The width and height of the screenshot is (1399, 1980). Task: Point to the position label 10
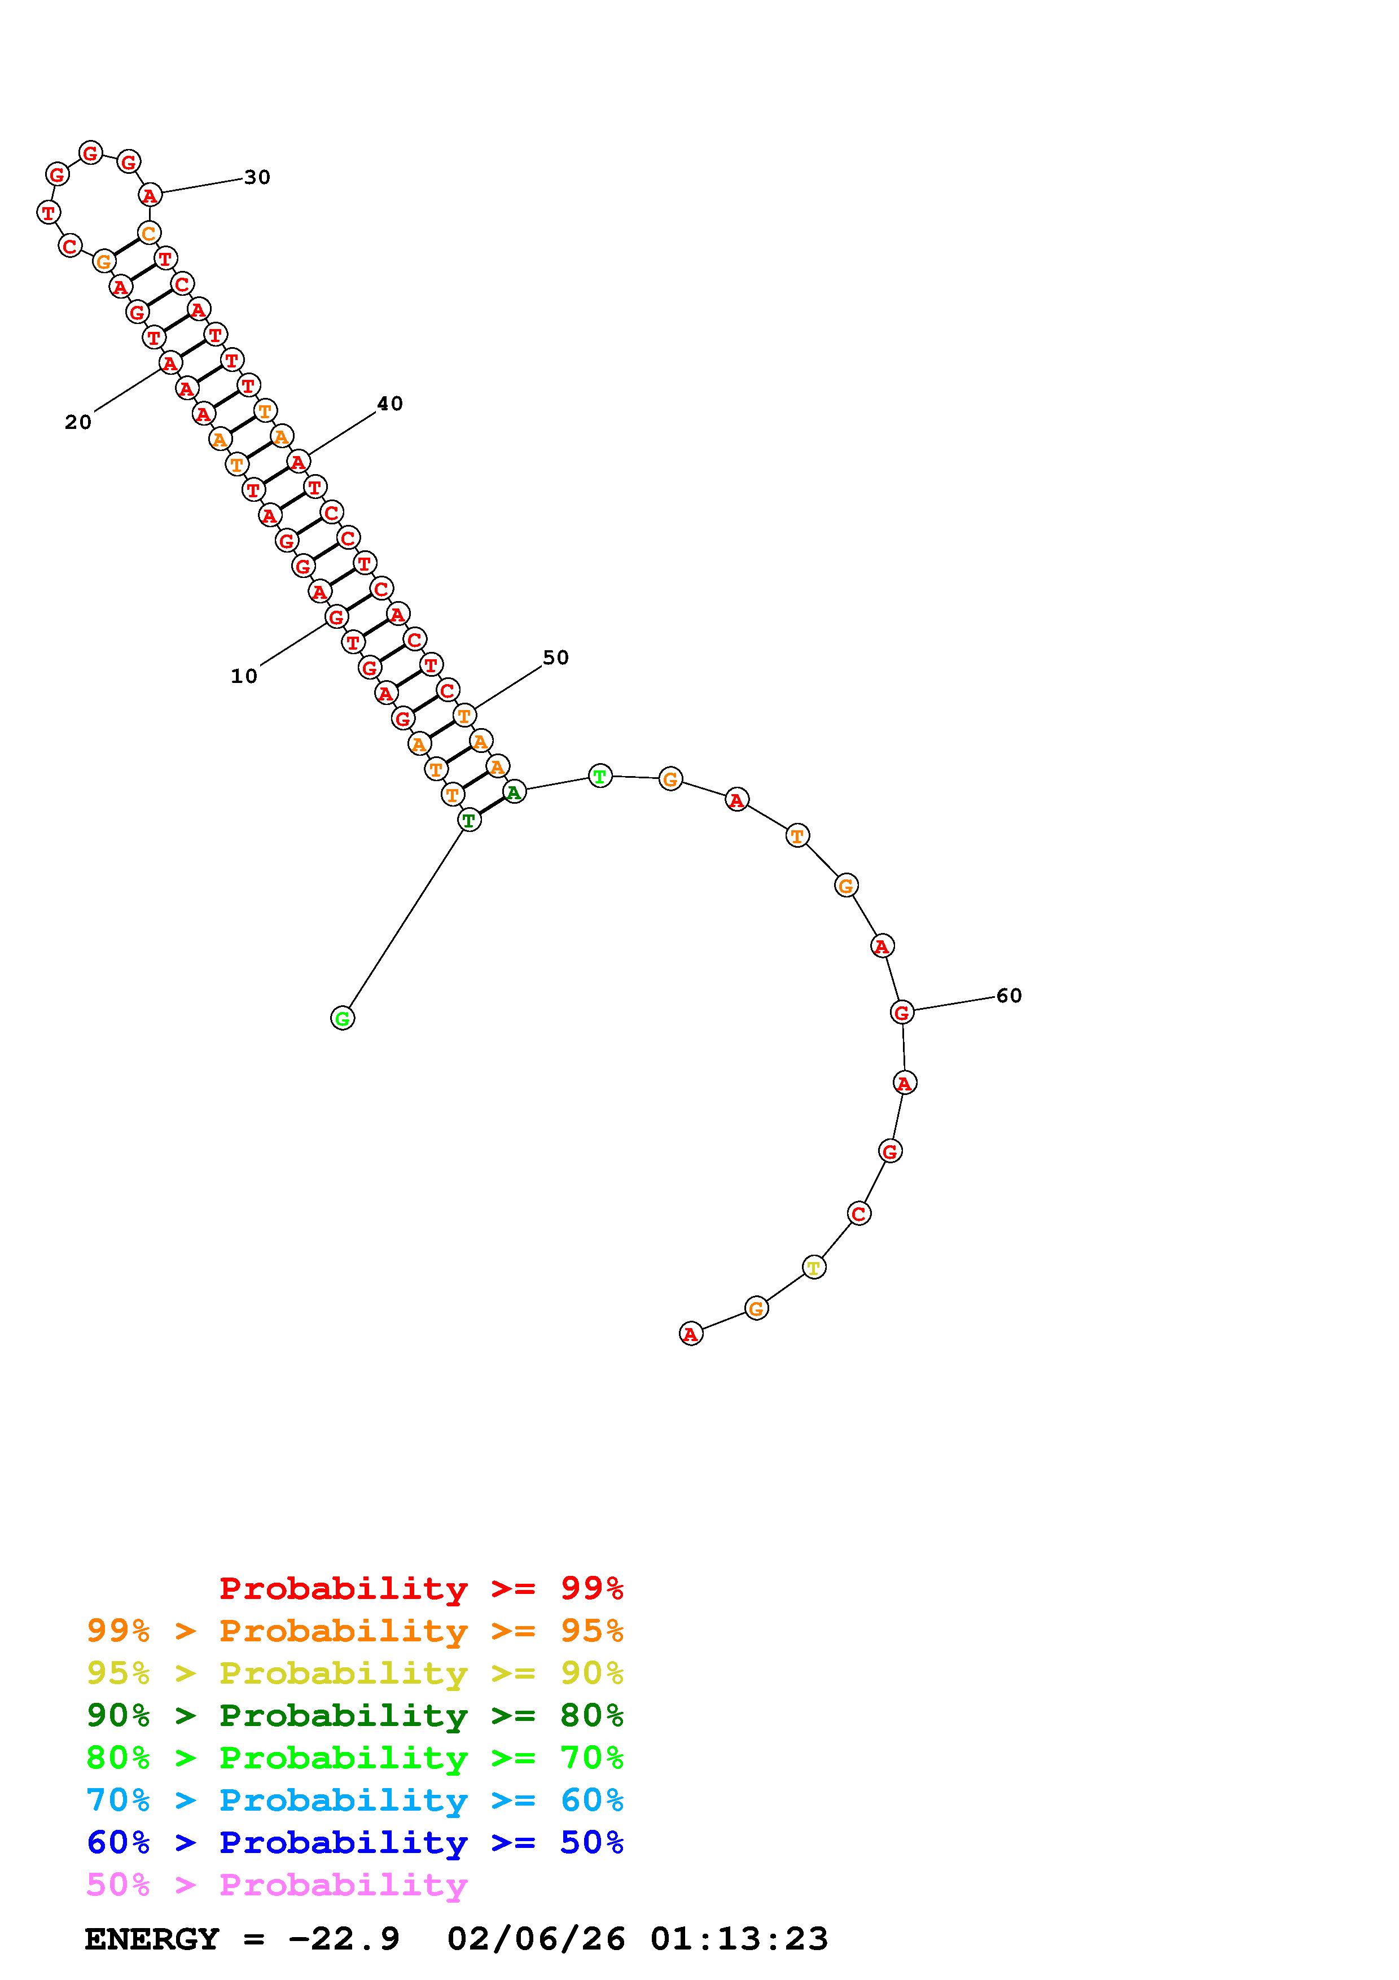(x=244, y=676)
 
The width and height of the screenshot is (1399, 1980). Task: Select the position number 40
(x=389, y=404)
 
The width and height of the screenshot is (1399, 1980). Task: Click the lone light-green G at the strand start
(x=342, y=1018)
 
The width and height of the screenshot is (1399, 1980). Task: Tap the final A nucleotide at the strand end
(x=690, y=1333)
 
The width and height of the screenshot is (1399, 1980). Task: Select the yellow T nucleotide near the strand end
(x=814, y=1267)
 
